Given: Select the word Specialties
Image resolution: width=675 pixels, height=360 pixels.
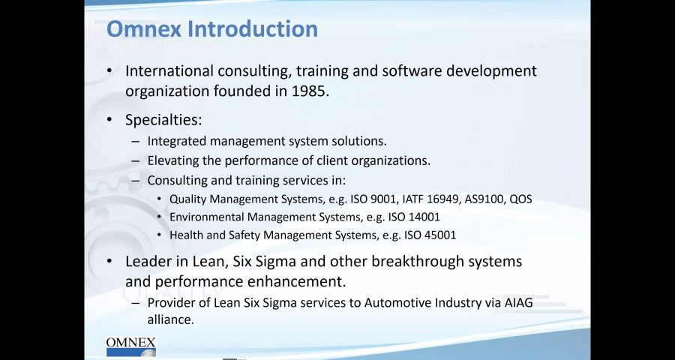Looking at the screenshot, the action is [163, 120].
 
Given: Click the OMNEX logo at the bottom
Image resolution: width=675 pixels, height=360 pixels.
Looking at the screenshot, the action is [130, 346].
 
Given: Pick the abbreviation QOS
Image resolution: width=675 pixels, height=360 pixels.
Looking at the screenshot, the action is [520, 199].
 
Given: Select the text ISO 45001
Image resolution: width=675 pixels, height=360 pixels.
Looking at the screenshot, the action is [430, 235].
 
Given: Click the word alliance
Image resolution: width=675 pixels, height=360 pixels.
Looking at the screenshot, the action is [169, 320].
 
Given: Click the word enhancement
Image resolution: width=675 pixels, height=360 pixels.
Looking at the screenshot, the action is [296, 282].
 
